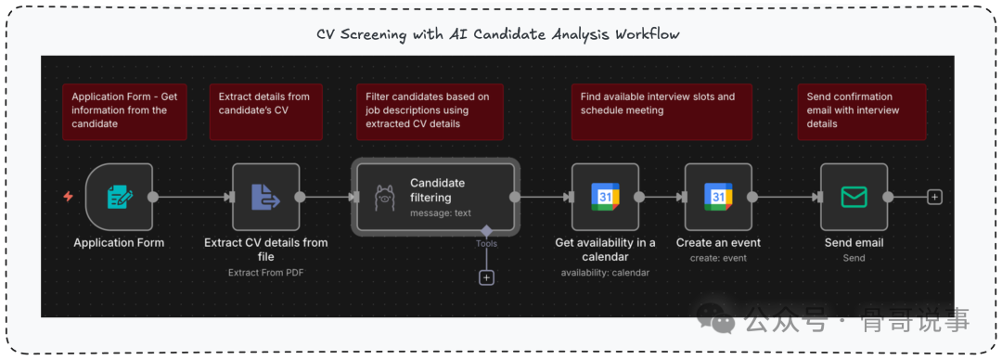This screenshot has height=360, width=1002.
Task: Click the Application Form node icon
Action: coord(120,197)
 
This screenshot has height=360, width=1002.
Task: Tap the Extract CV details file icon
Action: coord(266,197)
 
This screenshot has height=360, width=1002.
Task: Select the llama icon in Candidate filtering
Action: coord(384,197)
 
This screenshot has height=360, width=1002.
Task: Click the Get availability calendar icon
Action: coord(605,197)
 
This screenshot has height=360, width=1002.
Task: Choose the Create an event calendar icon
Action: coord(718,197)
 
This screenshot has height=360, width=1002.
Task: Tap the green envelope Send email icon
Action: coord(854,197)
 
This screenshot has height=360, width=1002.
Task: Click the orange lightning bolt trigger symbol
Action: coord(69,197)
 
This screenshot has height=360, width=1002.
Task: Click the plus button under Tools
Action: coord(486,277)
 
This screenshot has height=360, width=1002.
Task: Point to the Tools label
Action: coord(486,244)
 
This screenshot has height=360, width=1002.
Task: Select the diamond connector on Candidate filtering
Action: coord(486,230)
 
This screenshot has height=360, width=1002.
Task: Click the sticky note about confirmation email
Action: coord(861,111)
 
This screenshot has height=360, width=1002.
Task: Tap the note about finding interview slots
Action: coord(662,111)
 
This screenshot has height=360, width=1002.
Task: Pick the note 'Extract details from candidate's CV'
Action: coord(266,111)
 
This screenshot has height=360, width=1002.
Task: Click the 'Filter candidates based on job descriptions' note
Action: coord(430,111)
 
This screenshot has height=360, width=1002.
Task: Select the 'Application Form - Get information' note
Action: coord(124,111)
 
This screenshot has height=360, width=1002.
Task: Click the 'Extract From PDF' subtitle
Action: coord(266,273)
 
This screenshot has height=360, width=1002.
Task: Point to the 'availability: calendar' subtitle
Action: coord(605,273)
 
